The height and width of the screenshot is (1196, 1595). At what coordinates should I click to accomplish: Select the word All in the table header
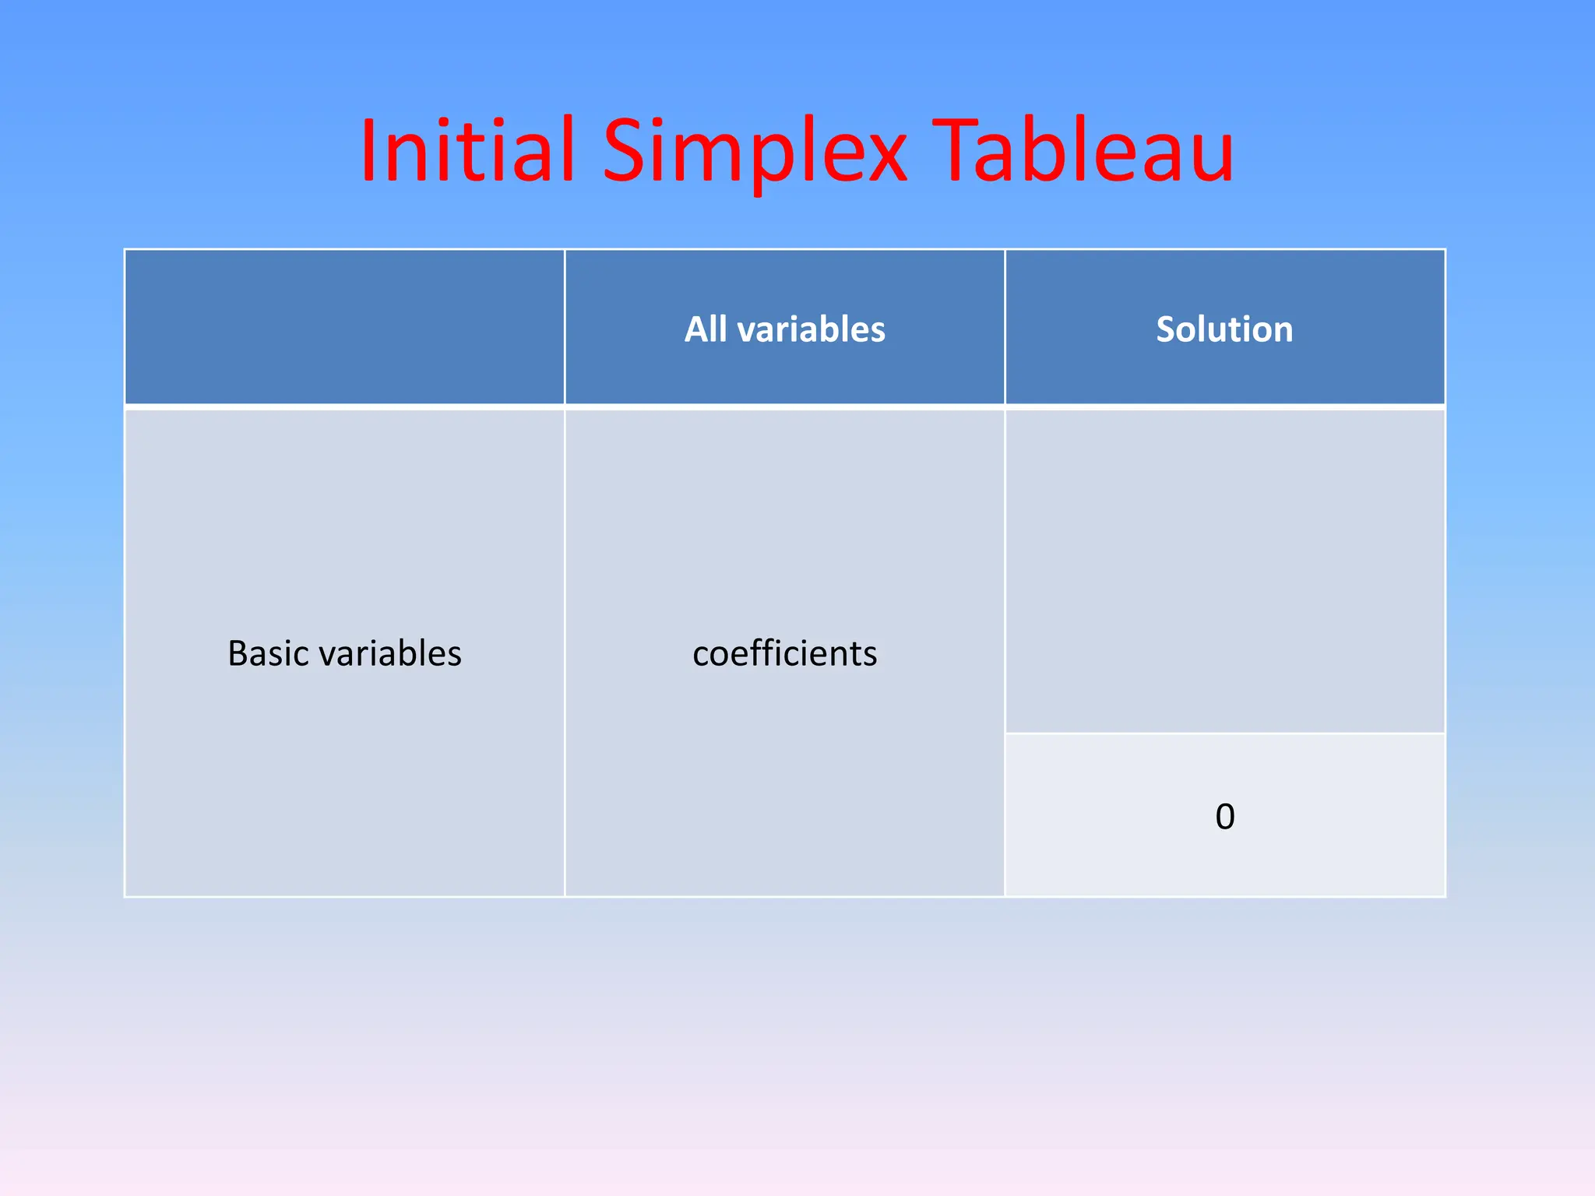click(x=706, y=329)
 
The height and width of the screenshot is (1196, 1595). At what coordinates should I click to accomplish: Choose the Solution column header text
click(x=1224, y=329)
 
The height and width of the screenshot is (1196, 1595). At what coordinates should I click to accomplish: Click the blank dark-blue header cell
click(x=344, y=327)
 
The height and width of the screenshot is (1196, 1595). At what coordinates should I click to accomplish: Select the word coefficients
click(x=784, y=653)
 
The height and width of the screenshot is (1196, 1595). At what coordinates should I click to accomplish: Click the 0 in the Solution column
click(x=1224, y=817)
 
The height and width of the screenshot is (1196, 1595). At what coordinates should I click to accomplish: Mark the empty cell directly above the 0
click(x=1224, y=571)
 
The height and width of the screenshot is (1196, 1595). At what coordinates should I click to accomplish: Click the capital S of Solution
click(x=1165, y=329)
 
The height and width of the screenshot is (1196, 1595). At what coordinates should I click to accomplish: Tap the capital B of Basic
click(x=238, y=653)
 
